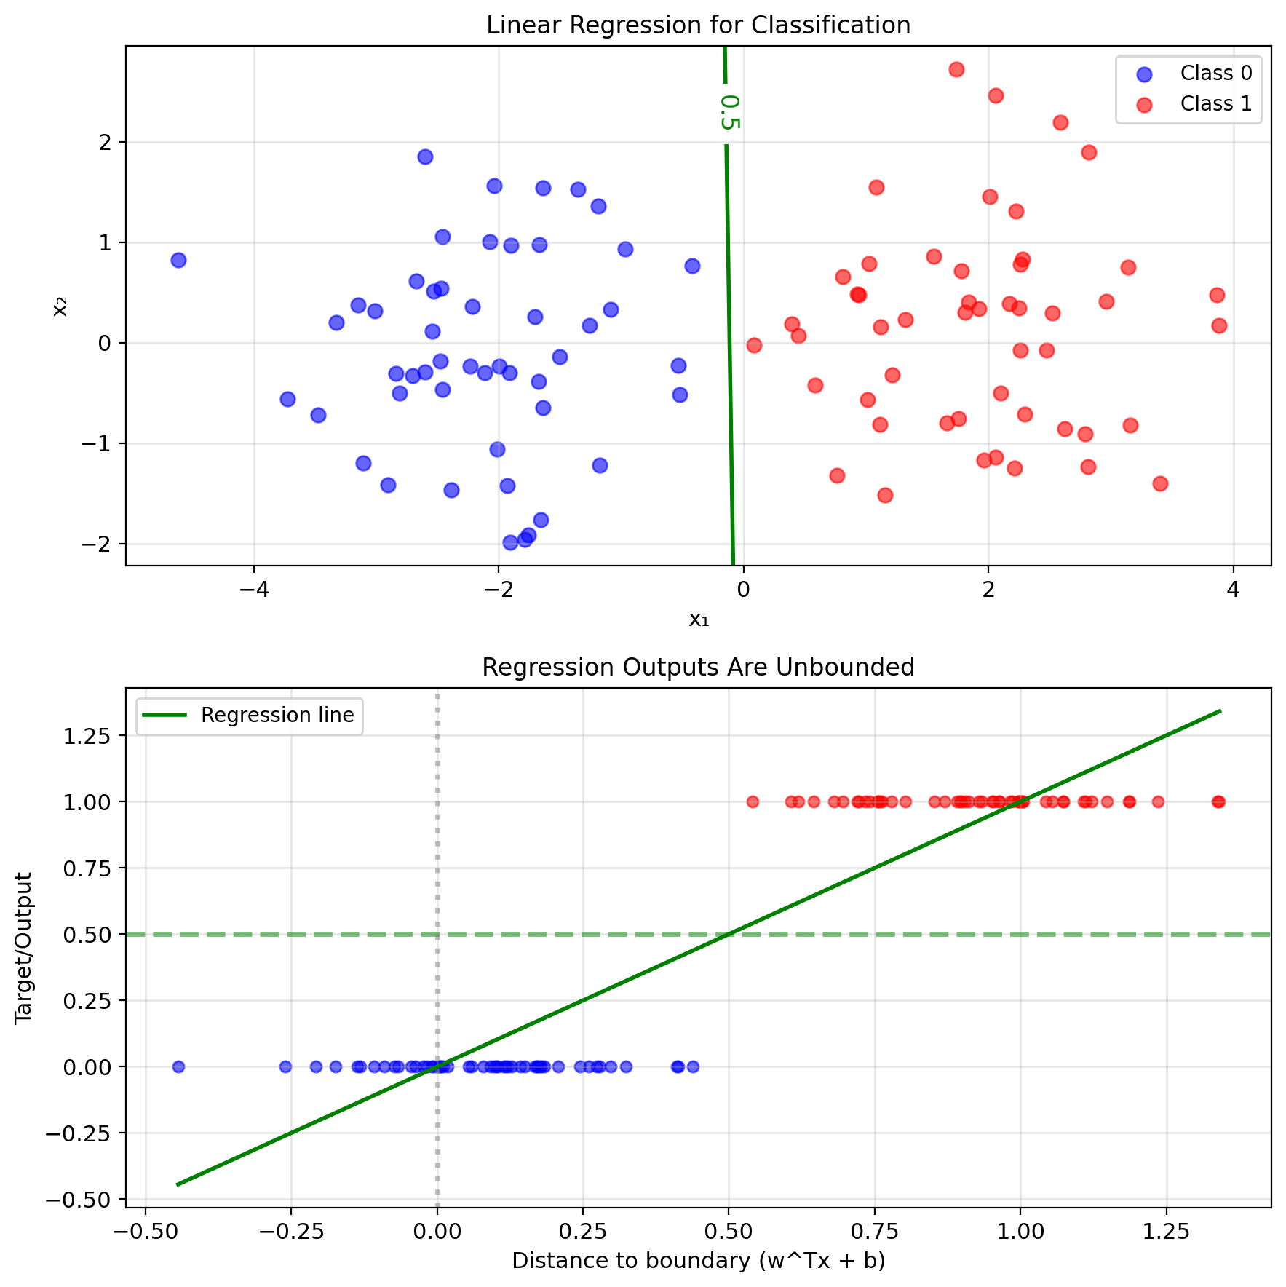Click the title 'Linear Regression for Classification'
[x=698, y=25]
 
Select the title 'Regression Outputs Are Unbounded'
[x=698, y=667]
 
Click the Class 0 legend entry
[x=1215, y=74]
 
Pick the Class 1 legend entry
[x=1215, y=104]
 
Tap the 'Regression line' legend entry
[x=277, y=716]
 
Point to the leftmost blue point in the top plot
[x=178, y=261]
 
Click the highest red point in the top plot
[x=956, y=70]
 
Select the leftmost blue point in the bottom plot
[x=178, y=1066]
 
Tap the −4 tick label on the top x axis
[x=253, y=589]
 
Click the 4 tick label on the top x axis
[x=1233, y=589]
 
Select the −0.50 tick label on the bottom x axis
[x=146, y=1232]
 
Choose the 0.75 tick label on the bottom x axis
[x=874, y=1232]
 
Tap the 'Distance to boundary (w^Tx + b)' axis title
[x=698, y=1262]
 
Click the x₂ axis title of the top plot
[x=61, y=306]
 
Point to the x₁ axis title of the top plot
[x=698, y=620]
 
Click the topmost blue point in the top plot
[x=425, y=157]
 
